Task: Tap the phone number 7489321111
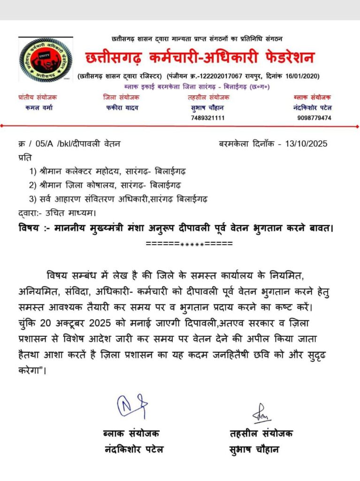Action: point(208,118)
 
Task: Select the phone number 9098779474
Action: point(314,118)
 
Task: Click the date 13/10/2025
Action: point(306,144)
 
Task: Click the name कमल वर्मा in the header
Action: point(39,107)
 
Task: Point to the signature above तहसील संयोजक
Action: point(261,413)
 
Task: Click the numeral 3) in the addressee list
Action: point(34,199)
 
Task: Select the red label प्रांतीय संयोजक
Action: point(38,97)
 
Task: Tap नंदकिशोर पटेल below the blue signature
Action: point(134,449)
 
